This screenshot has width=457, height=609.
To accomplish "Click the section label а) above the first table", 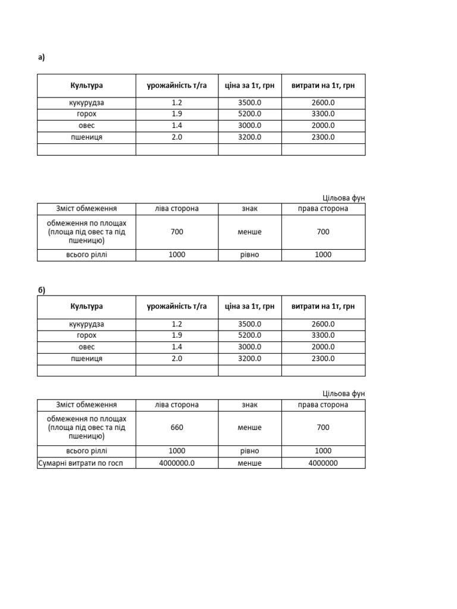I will click(41, 58).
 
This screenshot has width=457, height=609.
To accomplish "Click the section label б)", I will click(41, 290).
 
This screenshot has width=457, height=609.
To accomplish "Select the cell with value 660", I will click(177, 427).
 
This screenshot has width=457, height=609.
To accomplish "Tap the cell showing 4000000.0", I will click(177, 463).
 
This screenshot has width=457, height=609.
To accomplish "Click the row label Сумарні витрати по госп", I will click(86, 463).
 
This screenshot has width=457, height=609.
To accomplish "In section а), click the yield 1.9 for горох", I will click(177, 114).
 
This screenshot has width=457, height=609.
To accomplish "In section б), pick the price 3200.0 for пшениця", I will click(249, 359).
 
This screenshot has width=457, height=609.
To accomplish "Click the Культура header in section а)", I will click(86, 86).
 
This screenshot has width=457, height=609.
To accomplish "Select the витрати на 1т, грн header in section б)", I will click(323, 306).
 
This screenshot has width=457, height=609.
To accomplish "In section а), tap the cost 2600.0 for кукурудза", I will click(323, 103).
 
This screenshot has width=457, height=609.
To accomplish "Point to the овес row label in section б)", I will click(86, 347).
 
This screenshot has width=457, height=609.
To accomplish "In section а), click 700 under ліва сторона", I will click(177, 232).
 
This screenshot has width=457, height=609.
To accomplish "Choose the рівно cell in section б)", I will click(249, 451).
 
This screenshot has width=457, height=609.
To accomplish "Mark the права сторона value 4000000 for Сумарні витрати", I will click(323, 463).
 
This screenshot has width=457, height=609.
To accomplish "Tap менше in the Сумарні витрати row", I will click(249, 463).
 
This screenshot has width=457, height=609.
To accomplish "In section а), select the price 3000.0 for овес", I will click(249, 125).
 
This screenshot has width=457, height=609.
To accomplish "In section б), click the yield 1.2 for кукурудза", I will click(177, 324).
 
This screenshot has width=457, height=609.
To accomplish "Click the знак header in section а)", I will click(249, 209).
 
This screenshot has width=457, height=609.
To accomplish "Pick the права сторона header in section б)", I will click(323, 405).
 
